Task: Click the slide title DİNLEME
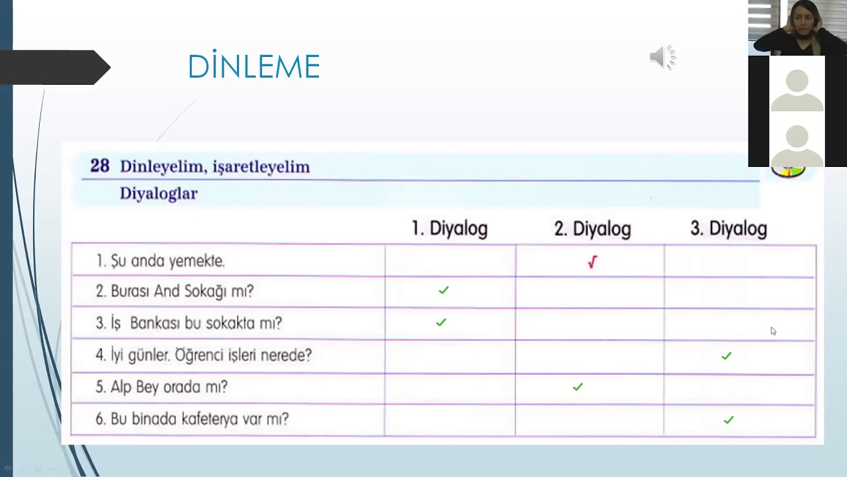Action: coord(254,67)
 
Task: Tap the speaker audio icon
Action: coord(662,58)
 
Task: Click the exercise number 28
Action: coord(99,166)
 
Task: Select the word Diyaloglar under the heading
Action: coord(158,193)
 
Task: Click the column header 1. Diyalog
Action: coord(449,229)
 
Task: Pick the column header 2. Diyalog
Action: coord(592,229)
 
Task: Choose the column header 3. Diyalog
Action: coord(729,229)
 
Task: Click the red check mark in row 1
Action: coord(592,262)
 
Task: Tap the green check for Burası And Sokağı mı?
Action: coord(443,290)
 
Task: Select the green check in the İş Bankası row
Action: coord(441,322)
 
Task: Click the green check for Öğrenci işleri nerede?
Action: coord(727,356)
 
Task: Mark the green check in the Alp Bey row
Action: coord(578,386)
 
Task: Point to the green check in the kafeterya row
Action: coord(729,419)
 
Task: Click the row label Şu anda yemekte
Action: coord(160,261)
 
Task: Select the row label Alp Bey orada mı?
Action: coord(161,387)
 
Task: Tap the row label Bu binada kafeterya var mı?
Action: coord(192,419)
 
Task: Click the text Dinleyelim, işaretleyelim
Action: coord(214,166)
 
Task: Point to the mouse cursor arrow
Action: coord(773,331)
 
